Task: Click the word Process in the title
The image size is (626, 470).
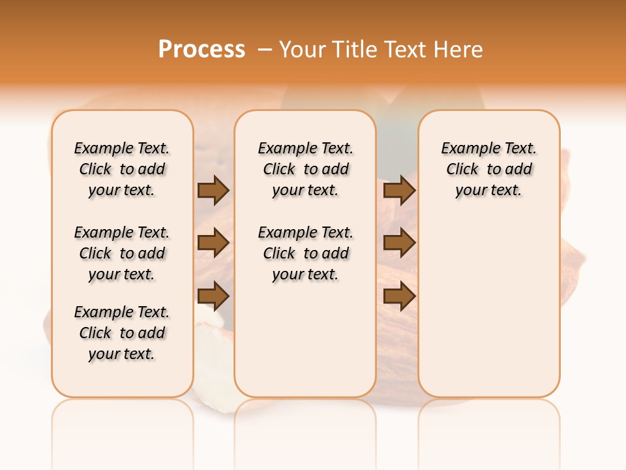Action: pyautogui.click(x=201, y=49)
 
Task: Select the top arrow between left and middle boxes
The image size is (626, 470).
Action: pyautogui.click(x=213, y=190)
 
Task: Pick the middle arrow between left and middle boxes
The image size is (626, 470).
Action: pyautogui.click(x=213, y=243)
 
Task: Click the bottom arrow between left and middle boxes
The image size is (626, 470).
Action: pyautogui.click(x=213, y=296)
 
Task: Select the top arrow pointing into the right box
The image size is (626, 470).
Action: pyautogui.click(x=399, y=190)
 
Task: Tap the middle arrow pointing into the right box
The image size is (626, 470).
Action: pyautogui.click(x=399, y=243)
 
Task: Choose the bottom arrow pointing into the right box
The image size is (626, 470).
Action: pyautogui.click(x=399, y=296)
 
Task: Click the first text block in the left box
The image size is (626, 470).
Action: pyautogui.click(x=122, y=169)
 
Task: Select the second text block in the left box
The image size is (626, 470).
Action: pyautogui.click(x=122, y=253)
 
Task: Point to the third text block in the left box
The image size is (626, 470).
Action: pyautogui.click(x=122, y=333)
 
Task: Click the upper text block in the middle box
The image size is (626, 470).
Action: pyautogui.click(x=305, y=169)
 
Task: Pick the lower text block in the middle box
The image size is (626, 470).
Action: pyautogui.click(x=305, y=253)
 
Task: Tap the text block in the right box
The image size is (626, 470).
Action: pyautogui.click(x=488, y=169)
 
